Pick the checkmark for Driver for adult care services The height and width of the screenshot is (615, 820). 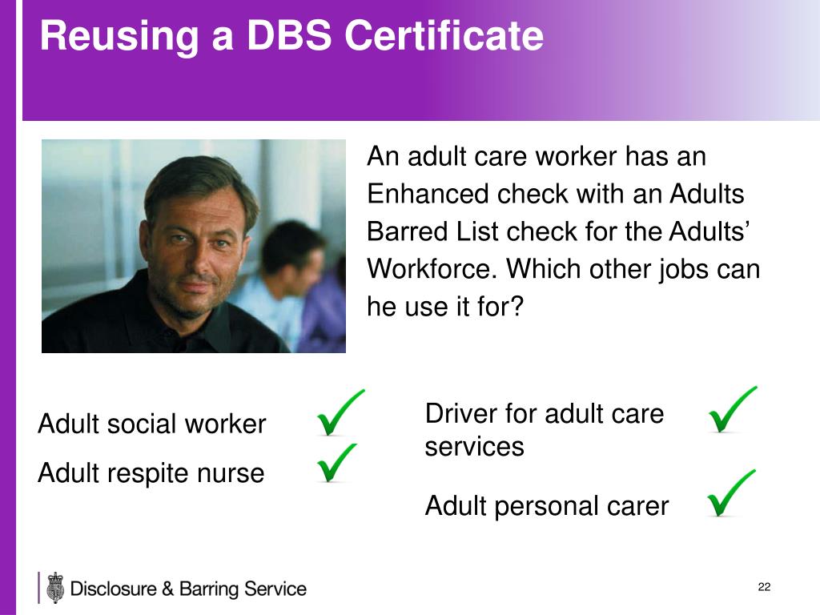(x=731, y=409)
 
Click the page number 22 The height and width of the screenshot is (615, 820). (x=764, y=588)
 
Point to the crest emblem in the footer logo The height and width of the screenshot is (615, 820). (x=54, y=588)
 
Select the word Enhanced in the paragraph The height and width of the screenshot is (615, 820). (x=428, y=194)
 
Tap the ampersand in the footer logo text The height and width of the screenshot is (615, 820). (x=167, y=589)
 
